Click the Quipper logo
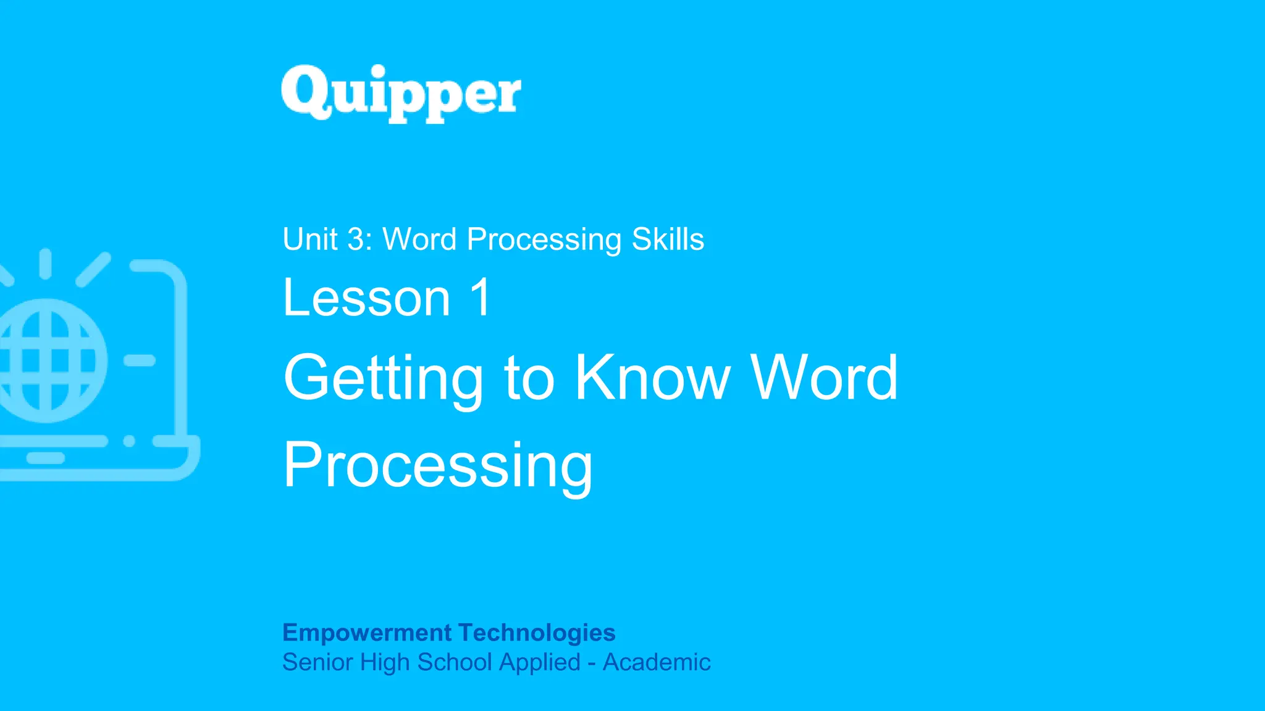(401, 94)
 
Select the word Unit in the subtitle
(310, 239)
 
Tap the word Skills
(668, 239)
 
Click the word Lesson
(367, 298)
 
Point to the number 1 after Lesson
(481, 298)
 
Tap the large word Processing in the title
(437, 465)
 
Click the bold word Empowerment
(367, 633)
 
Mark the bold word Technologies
(537, 633)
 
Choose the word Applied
(540, 662)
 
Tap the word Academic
(657, 662)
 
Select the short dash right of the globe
(140, 360)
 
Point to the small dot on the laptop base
(129, 441)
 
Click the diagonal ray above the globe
(93, 269)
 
